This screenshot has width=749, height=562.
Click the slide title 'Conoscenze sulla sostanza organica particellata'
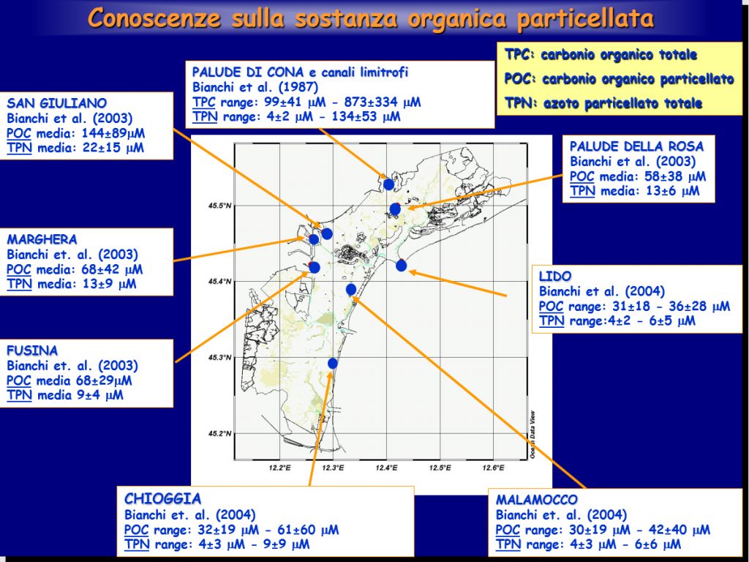pos(371,18)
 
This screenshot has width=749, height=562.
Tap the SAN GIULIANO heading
pos(57,103)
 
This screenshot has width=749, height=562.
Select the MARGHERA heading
pos(42,239)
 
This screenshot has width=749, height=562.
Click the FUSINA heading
pos(32,351)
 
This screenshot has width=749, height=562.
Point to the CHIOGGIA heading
pos(162,499)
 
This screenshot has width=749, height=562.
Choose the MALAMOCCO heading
pos(536,500)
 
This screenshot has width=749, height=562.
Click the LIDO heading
pos(555,276)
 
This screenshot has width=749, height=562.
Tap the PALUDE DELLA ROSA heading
pos(636,146)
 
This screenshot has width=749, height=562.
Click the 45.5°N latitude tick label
pos(219,206)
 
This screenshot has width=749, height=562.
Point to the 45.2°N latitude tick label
pos(219,434)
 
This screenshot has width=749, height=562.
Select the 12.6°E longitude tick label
pos(494,468)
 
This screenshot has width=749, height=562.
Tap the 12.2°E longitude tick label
pos(280,468)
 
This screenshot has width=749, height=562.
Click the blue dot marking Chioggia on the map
pos(333,364)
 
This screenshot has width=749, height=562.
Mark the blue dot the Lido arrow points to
pos(402,265)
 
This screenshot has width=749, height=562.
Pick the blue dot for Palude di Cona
pos(389,184)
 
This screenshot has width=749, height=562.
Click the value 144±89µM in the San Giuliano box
pos(113,133)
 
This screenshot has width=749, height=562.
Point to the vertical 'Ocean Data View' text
pos(532,435)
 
